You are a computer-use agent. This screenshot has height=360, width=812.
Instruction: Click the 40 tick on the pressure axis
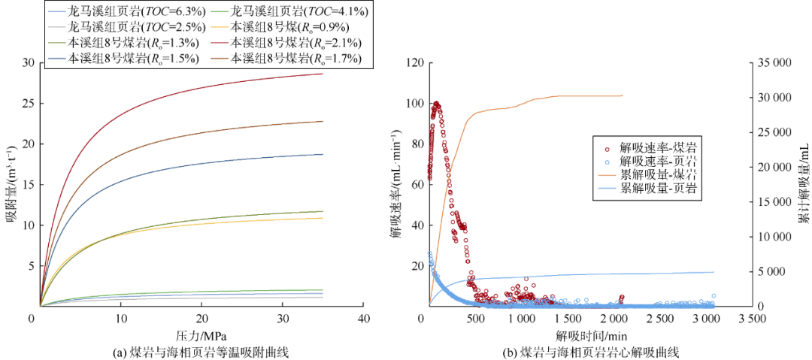click(363, 319)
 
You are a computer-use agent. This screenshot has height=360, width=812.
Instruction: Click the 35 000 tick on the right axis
click(772, 62)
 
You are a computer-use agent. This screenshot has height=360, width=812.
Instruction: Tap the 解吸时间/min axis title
click(592, 335)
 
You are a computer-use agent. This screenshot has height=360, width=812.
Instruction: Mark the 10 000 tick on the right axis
click(772, 237)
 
